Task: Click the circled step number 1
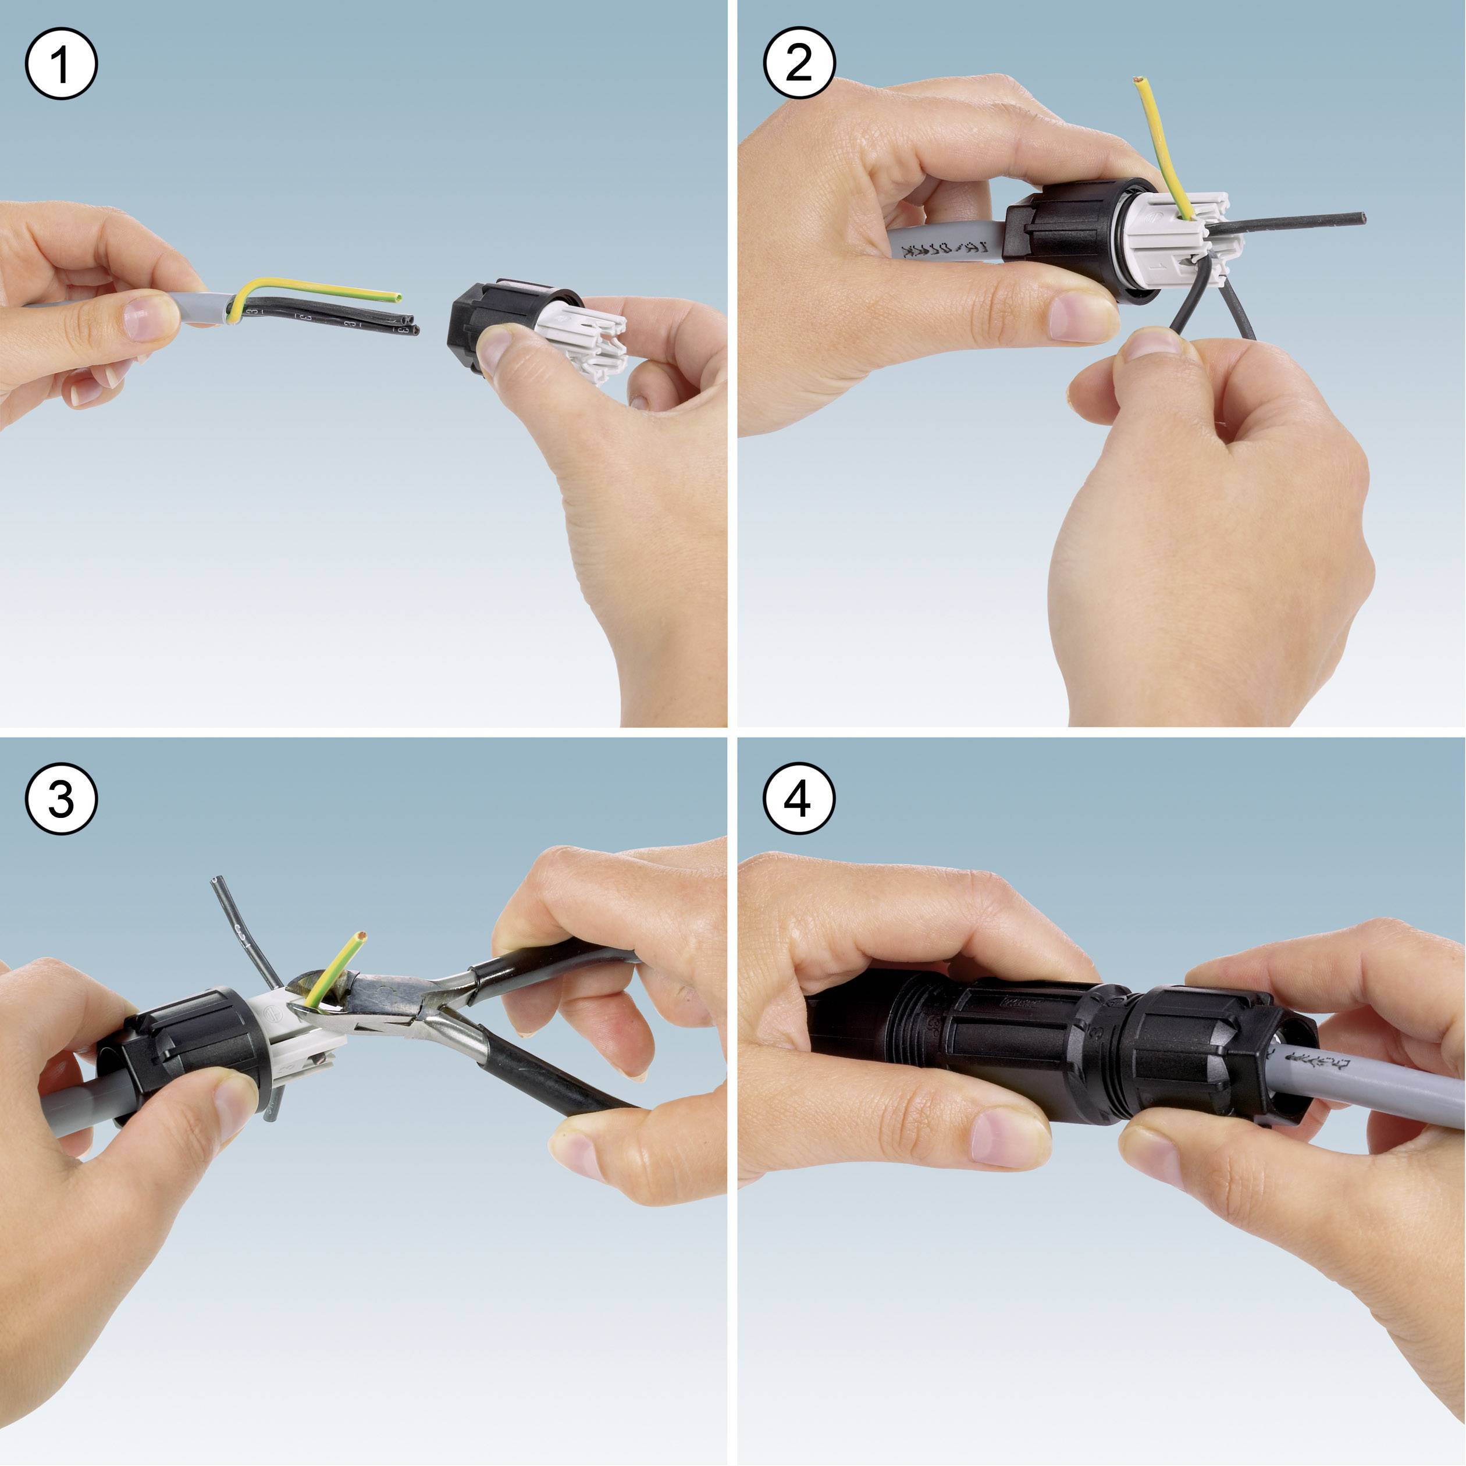pyautogui.click(x=61, y=63)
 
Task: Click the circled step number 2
pyautogui.click(x=798, y=63)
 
